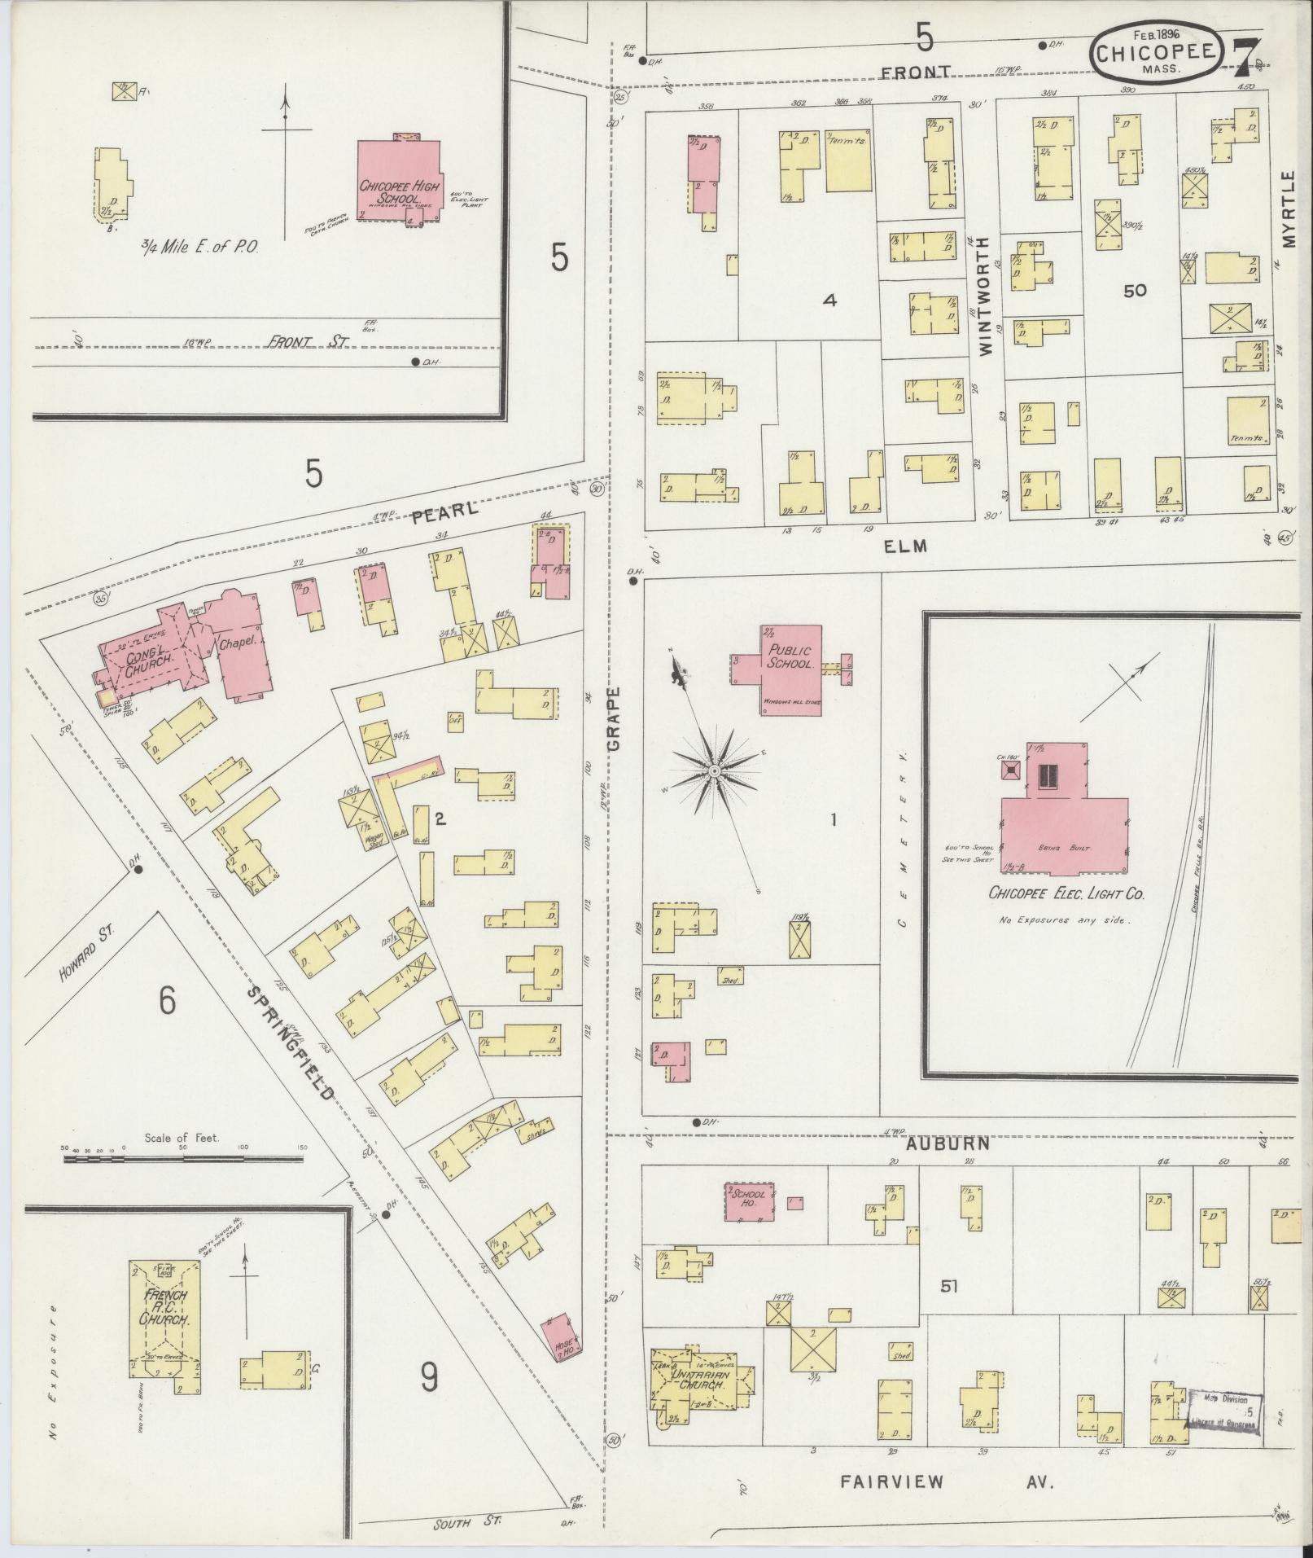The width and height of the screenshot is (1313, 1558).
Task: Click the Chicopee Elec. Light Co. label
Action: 1066,893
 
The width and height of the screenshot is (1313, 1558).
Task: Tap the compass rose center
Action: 714,770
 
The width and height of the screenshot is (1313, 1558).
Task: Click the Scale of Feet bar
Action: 182,1157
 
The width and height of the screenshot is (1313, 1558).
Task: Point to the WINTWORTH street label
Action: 987,296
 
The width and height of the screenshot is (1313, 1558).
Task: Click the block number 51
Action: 948,1287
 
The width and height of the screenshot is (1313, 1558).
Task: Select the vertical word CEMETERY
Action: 902,839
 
